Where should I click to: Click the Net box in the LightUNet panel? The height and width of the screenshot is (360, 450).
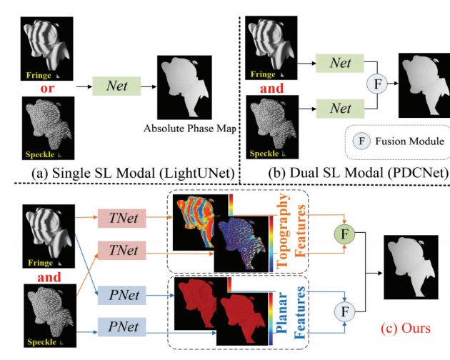pyautogui.click(x=116, y=86)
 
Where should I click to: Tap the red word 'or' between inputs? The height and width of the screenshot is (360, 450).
pyautogui.click(x=47, y=88)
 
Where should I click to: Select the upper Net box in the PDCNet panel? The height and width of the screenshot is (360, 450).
pyautogui.click(x=340, y=63)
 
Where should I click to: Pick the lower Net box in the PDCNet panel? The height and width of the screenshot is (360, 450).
pyautogui.click(x=340, y=109)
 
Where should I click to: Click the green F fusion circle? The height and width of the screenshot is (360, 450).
pyautogui.click(x=344, y=234)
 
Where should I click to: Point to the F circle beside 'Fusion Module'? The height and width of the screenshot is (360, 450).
pyautogui.click(x=362, y=141)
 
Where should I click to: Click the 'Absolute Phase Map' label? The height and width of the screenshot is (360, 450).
pyautogui.click(x=190, y=129)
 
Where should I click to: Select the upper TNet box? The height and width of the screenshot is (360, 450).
pyautogui.click(x=121, y=219)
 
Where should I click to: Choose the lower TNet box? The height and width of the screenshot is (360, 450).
pyautogui.click(x=121, y=251)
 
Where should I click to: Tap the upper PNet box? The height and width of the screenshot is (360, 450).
pyautogui.click(x=122, y=295)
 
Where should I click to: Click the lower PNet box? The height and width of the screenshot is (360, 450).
pyautogui.click(x=122, y=326)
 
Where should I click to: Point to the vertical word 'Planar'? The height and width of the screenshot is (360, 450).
pyautogui.click(x=282, y=313)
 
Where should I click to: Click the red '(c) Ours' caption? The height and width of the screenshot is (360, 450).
pyautogui.click(x=406, y=328)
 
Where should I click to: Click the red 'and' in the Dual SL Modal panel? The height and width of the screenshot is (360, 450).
pyautogui.click(x=271, y=88)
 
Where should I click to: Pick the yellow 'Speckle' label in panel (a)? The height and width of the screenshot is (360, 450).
pyautogui.click(x=40, y=154)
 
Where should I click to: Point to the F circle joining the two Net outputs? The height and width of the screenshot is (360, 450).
pyautogui.click(x=377, y=84)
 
